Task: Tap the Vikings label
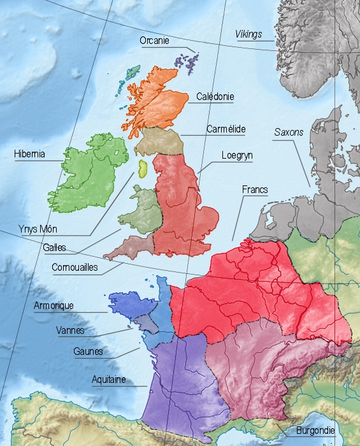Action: (248, 34)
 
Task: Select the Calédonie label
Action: (215, 97)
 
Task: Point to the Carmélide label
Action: (226, 129)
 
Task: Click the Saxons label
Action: (289, 133)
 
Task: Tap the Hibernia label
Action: (29, 154)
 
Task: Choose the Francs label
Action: (255, 190)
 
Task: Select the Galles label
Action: (54, 248)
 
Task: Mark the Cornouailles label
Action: (75, 268)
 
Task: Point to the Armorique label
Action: (54, 306)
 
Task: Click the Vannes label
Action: (70, 331)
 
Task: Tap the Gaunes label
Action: (88, 352)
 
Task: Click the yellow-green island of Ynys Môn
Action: (142, 169)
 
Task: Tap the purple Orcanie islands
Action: (189, 62)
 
